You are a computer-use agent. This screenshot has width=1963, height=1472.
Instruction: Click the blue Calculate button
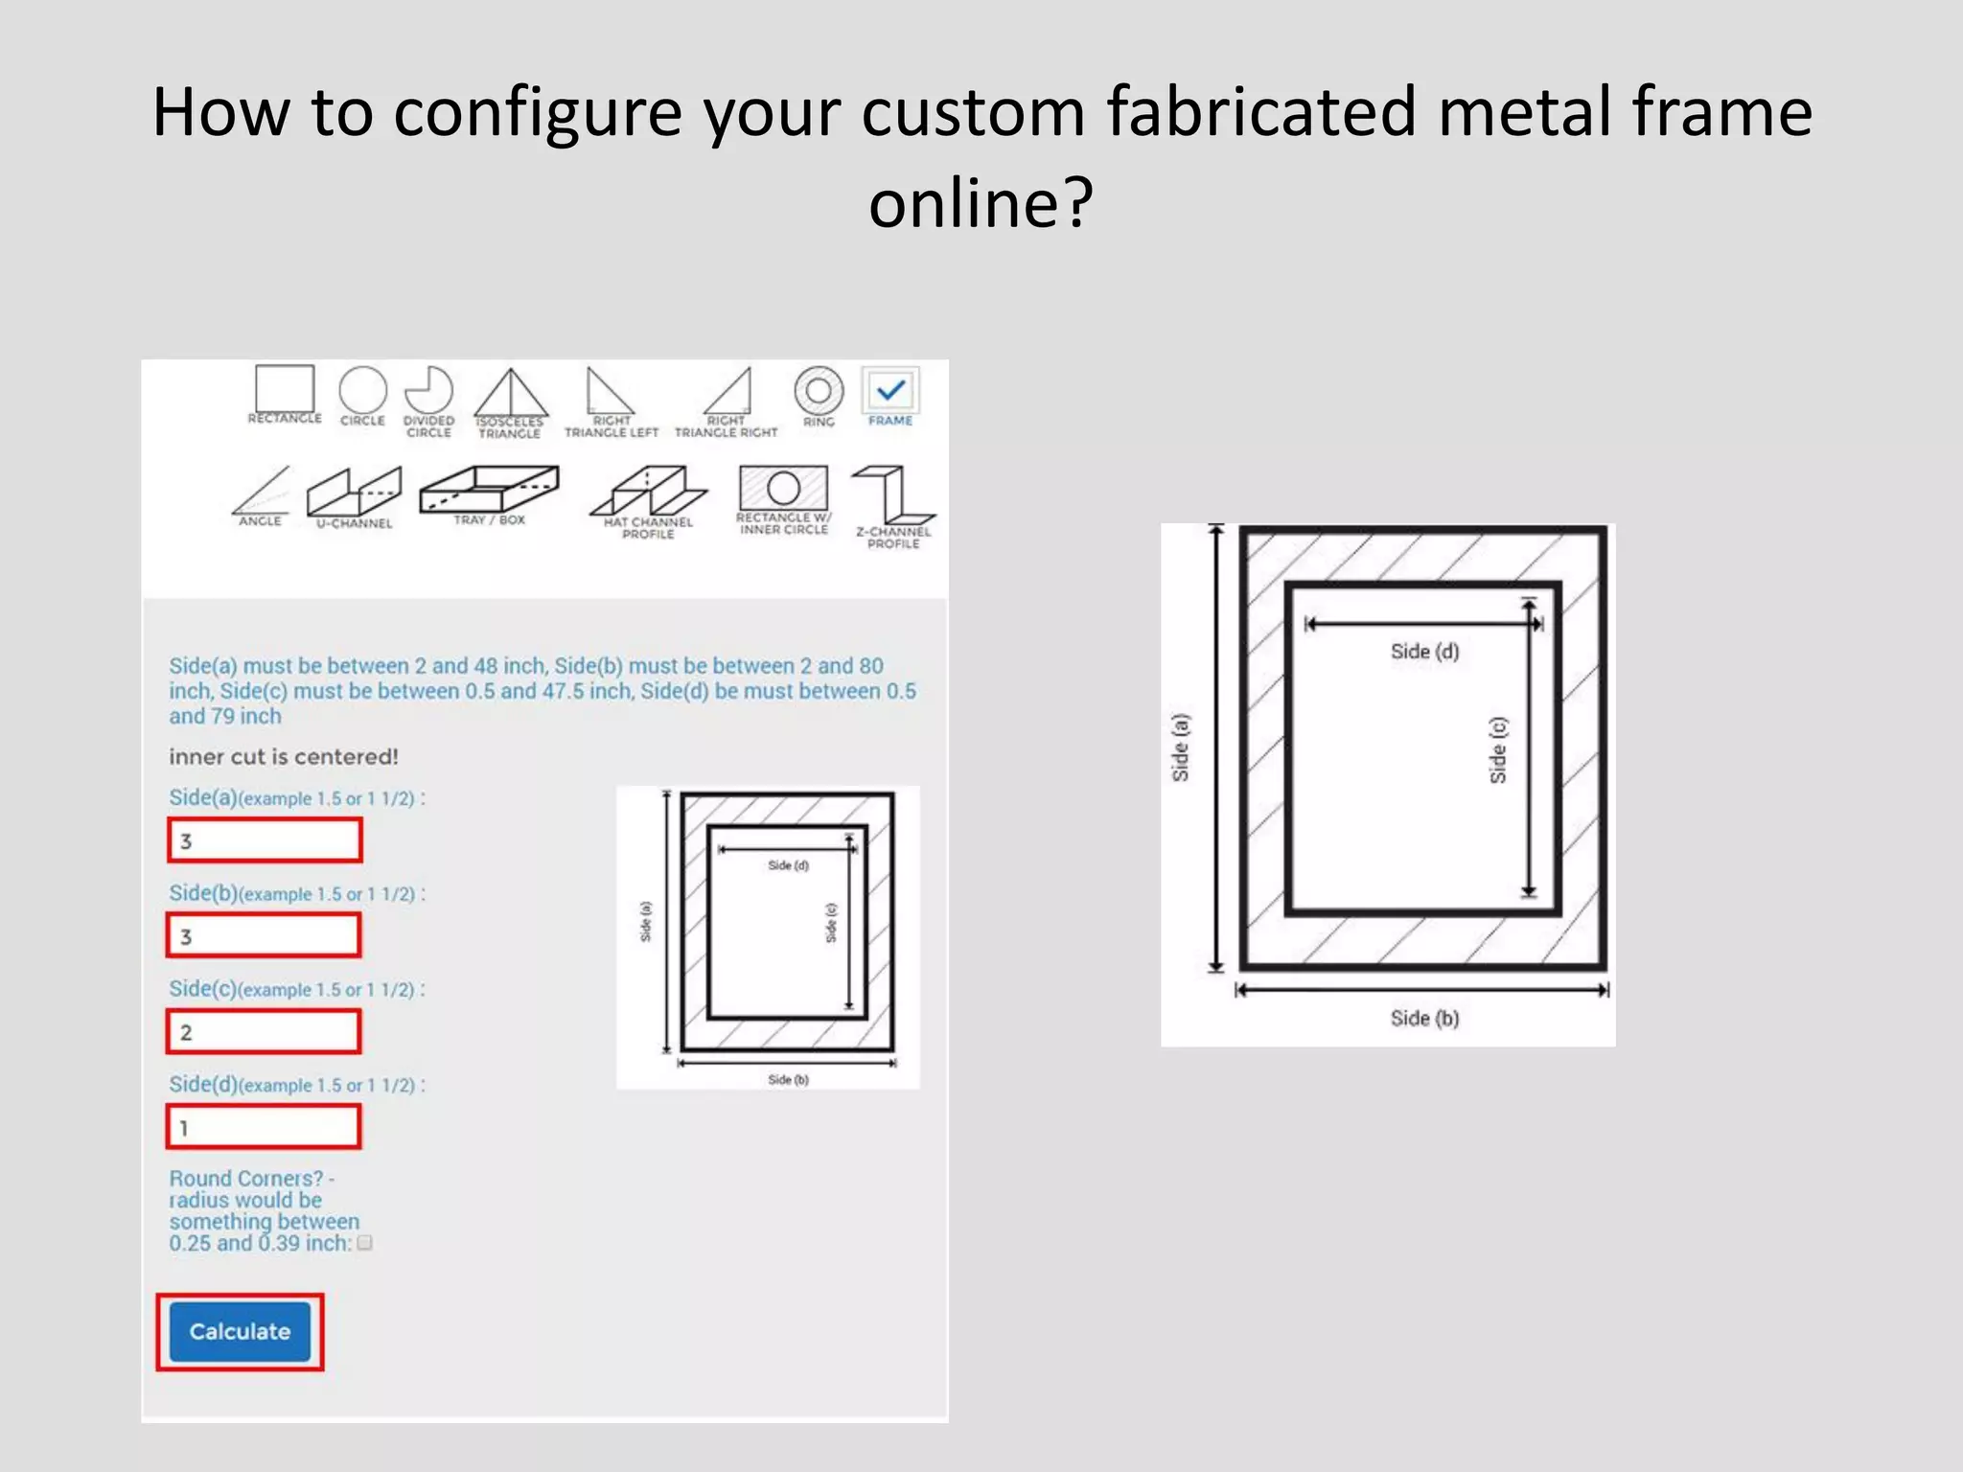click(240, 1331)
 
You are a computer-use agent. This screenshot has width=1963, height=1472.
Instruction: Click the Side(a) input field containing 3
click(265, 840)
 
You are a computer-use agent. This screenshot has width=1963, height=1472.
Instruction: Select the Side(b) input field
click(265, 935)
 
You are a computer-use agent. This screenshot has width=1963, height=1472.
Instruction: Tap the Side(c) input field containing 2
click(265, 1031)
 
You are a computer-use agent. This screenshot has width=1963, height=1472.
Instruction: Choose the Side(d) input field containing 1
click(265, 1127)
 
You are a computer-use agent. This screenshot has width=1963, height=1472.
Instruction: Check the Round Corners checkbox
click(364, 1243)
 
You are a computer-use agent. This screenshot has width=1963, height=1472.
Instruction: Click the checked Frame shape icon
click(890, 391)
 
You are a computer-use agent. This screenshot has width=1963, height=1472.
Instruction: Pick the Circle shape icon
click(362, 391)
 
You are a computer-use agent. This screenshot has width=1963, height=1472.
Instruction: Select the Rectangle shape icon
click(285, 389)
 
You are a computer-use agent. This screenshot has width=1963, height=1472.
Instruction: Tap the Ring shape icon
click(819, 391)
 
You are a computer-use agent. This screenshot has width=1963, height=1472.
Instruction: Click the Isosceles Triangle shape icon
click(511, 394)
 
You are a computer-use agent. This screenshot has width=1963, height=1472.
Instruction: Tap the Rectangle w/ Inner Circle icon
click(783, 489)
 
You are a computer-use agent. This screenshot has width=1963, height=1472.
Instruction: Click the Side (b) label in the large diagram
click(1424, 1018)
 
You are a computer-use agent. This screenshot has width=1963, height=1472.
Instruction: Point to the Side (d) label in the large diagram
click(1424, 652)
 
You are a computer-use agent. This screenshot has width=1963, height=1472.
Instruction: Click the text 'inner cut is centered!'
click(284, 757)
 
